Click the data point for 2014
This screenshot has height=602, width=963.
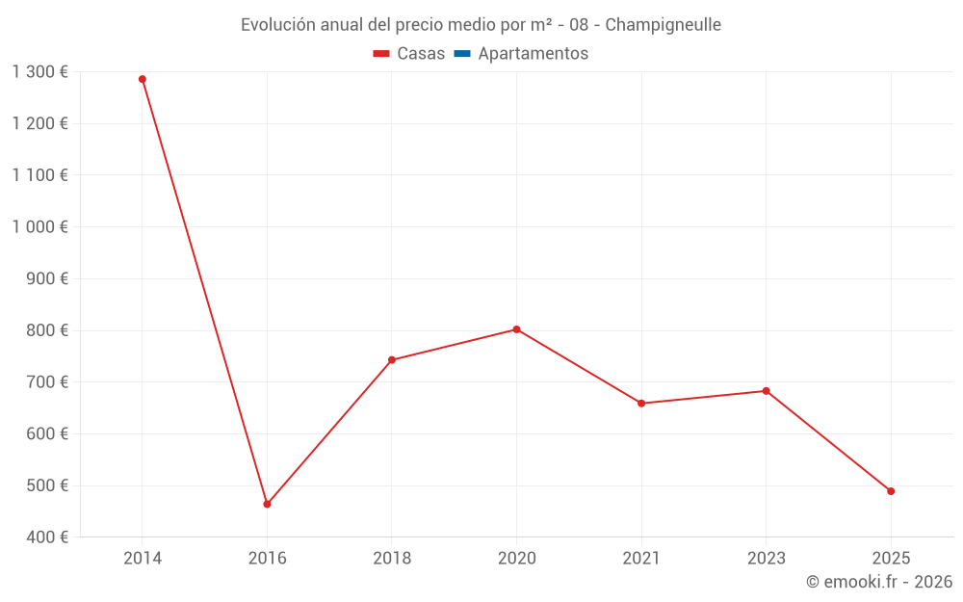(x=143, y=79)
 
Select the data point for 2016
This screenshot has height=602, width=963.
(x=267, y=504)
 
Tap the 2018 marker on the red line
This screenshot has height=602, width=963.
(x=392, y=360)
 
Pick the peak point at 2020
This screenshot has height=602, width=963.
(x=516, y=329)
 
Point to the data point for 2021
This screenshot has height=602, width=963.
(x=641, y=404)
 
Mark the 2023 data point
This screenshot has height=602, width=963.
(x=766, y=391)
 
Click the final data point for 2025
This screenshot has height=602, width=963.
(x=891, y=491)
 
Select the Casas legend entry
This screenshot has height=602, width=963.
(x=409, y=54)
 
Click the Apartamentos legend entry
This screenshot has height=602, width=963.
(x=533, y=54)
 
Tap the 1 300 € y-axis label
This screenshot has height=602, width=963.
(x=39, y=72)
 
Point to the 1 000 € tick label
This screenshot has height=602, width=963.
(x=39, y=227)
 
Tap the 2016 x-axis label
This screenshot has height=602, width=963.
(x=267, y=559)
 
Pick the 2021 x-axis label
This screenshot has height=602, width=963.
(x=641, y=559)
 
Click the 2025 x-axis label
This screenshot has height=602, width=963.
(x=891, y=559)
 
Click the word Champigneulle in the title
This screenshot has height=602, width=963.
(x=663, y=25)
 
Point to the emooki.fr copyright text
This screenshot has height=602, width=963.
(x=879, y=582)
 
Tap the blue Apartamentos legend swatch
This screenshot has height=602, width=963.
(x=462, y=54)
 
